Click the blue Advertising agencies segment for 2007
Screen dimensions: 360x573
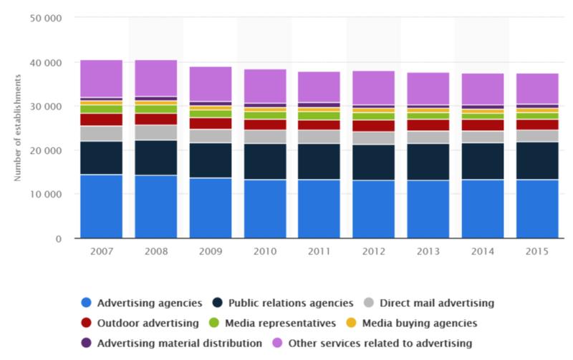pos(101,206)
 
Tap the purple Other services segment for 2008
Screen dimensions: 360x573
pos(155,78)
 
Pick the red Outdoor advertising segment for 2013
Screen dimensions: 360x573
pos(428,125)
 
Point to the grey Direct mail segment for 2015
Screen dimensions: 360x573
pos(536,135)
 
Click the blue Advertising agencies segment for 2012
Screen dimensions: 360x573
pos(373,209)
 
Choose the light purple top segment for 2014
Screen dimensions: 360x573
pos(482,89)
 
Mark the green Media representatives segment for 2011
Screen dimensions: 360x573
pos(319,115)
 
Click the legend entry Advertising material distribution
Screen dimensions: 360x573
pos(178,343)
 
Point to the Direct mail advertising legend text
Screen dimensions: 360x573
pos(437,303)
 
